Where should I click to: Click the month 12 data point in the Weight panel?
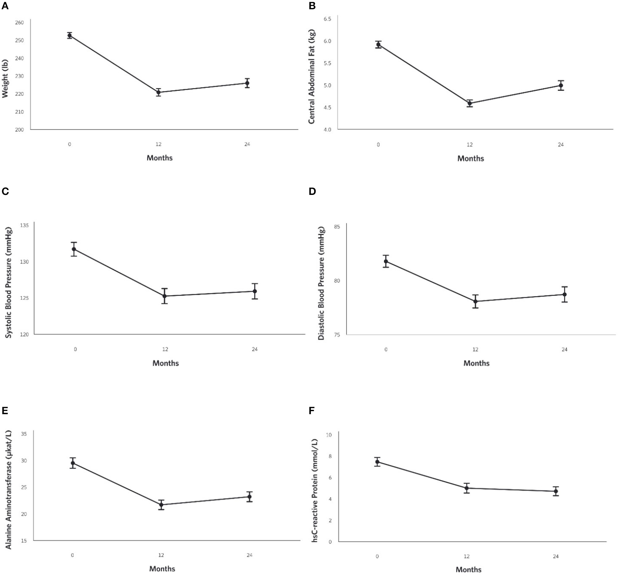[x=158, y=92]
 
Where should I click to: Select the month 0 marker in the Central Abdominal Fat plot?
[x=378, y=44]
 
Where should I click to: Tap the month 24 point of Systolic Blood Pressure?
[x=255, y=291]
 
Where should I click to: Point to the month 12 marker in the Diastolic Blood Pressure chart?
[x=475, y=301]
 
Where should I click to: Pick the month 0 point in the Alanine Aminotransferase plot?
[x=73, y=463]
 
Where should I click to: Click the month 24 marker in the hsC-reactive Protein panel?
[x=556, y=491]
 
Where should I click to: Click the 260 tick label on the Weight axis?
[x=19, y=23]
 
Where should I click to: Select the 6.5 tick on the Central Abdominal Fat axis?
[x=327, y=19]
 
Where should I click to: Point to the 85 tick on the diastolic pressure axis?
[x=337, y=226]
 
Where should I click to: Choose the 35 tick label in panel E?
[x=24, y=434]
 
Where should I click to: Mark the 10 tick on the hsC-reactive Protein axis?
[x=329, y=435]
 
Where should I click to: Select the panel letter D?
[x=312, y=191]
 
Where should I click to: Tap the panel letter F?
[x=312, y=411]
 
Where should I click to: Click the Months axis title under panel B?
[x=470, y=159]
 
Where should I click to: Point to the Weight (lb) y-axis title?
[x=5, y=79]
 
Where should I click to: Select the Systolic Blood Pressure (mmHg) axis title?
[x=9, y=283]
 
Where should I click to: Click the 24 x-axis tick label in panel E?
[x=249, y=555]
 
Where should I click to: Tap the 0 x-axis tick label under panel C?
[x=75, y=349]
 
